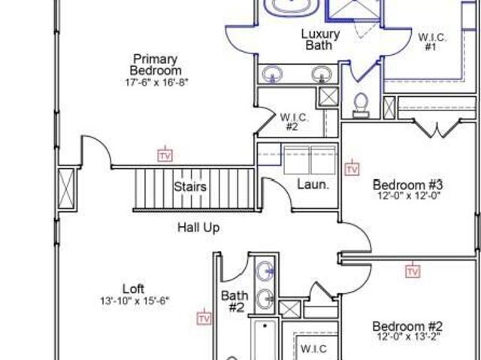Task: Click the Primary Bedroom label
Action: tap(156, 65)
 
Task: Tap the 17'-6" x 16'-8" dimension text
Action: tap(156, 83)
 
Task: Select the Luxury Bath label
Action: tap(320, 40)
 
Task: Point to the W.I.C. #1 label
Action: tap(432, 42)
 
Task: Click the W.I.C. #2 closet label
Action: tap(294, 122)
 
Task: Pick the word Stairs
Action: tap(190, 186)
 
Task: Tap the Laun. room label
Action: tap(313, 185)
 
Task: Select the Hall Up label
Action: tap(198, 228)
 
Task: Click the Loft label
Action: tap(134, 289)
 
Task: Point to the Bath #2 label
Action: tap(235, 301)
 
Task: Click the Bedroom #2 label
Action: tap(407, 326)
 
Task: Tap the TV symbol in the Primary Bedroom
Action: tap(165, 155)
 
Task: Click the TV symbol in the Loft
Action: tap(204, 318)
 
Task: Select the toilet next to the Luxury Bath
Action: tap(361, 105)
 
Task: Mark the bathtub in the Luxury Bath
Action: tap(291, 7)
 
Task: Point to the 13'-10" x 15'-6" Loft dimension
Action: tap(135, 301)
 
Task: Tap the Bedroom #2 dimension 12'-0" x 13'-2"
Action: tap(407, 337)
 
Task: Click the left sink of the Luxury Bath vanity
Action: tap(272, 74)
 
